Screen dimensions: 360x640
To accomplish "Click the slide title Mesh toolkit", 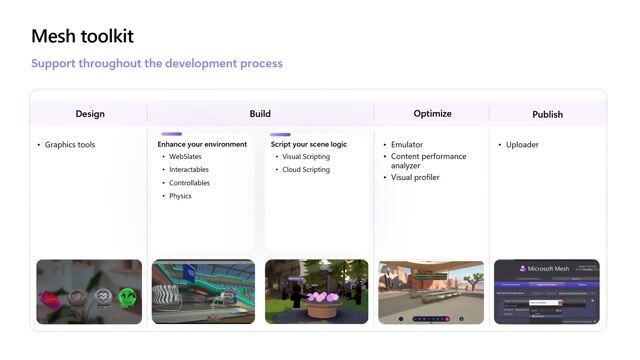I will (x=82, y=37).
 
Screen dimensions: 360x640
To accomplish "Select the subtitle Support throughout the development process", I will (x=156, y=64).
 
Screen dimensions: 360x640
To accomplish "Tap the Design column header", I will (x=90, y=114).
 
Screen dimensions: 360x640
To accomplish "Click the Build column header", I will (x=260, y=114).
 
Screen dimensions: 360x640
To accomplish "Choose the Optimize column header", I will (x=432, y=114).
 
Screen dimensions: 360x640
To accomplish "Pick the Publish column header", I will (x=547, y=114).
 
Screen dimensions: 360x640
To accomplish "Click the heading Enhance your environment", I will (x=202, y=144).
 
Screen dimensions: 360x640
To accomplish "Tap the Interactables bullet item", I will (x=189, y=170).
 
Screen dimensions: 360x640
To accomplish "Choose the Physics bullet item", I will (x=180, y=196).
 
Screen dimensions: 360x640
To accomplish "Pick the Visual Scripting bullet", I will (x=306, y=157).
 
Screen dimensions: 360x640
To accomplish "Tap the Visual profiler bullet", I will (x=415, y=177).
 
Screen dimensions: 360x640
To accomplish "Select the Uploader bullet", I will (x=523, y=145).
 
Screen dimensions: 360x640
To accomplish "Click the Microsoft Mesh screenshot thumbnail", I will (x=546, y=292).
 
